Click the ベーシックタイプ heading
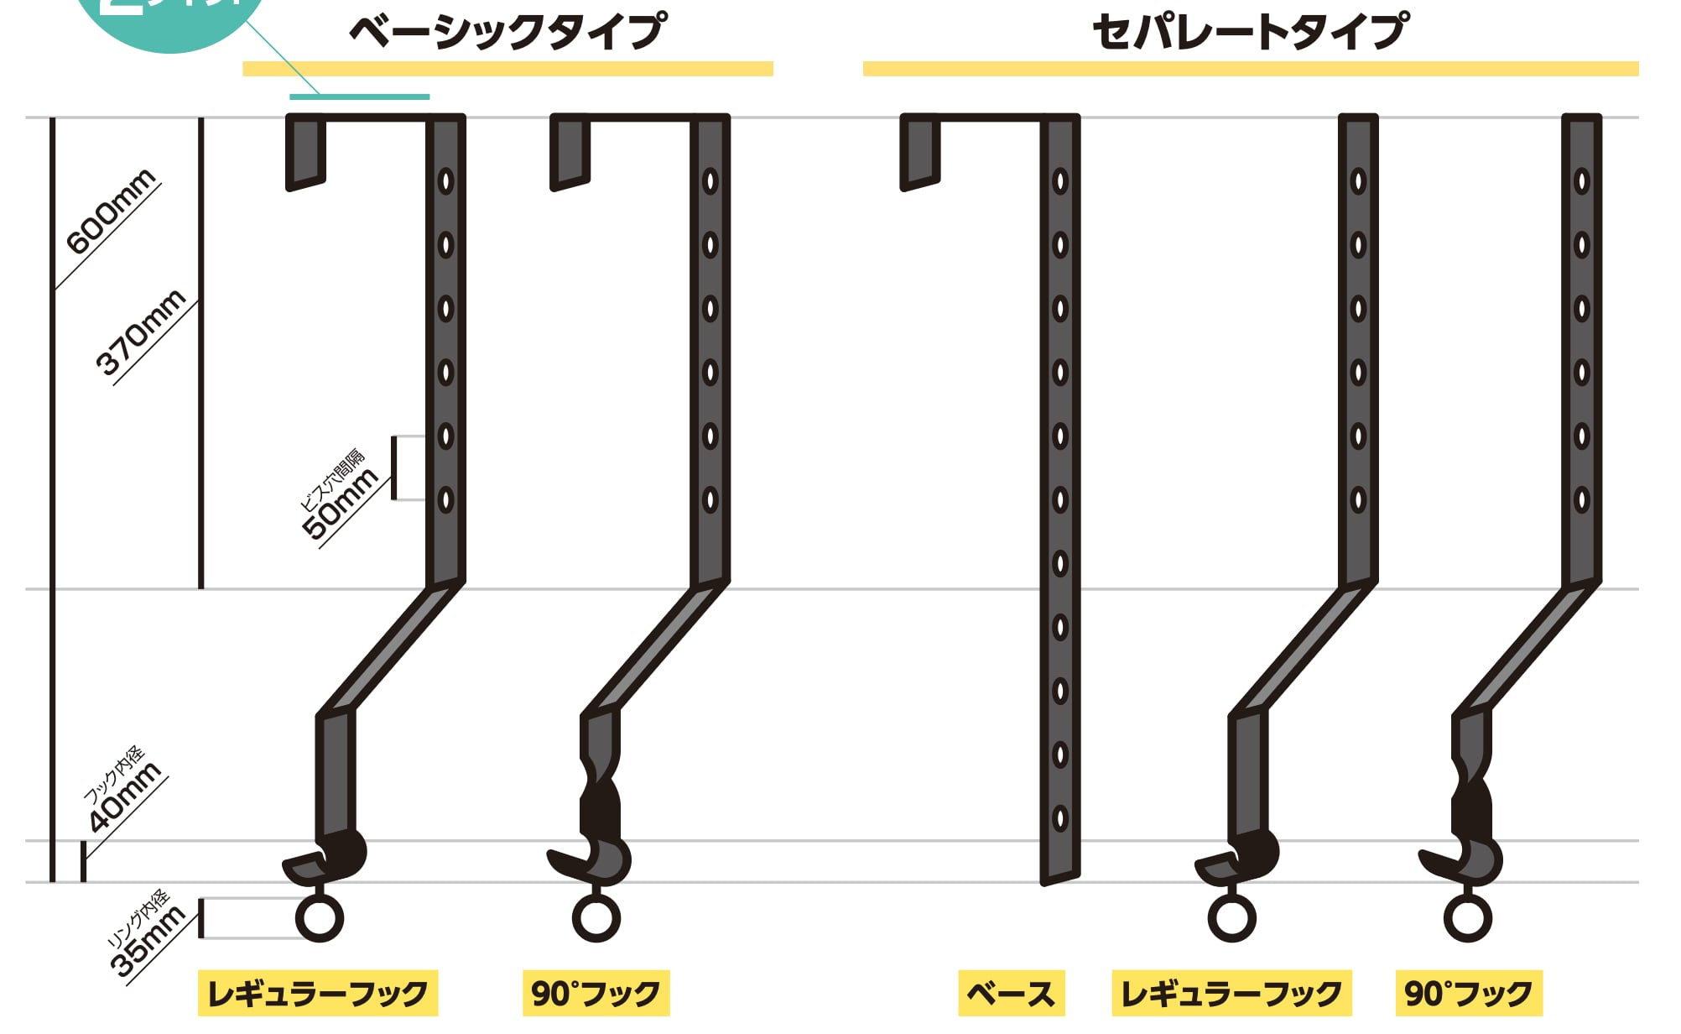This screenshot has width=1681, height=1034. click(507, 32)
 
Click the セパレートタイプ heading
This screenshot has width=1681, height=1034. click(1250, 32)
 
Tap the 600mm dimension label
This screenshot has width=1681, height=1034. click(112, 211)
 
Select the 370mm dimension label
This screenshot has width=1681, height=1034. click(141, 332)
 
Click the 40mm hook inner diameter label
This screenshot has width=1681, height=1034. click(125, 797)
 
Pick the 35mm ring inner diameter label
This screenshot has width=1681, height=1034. click(148, 942)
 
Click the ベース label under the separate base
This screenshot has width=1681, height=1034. click(1011, 994)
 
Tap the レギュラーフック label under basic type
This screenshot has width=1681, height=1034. click(318, 994)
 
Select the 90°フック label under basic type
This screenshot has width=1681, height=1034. click(596, 994)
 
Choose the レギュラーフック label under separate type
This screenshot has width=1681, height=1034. click(1231, 994)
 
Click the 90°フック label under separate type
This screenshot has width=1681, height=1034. click(1469, 994)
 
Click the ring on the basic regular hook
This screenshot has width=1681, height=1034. click(320, 918)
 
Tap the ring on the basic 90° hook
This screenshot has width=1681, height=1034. click(596, 918)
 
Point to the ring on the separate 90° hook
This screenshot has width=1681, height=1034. click(1468, 918)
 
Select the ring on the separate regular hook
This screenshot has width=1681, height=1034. click(1232, 918)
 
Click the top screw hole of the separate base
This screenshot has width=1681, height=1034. click(1060, 181)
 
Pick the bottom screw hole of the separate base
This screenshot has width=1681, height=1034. click(1060, 818)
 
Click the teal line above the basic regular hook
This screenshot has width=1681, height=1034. click(359, 97)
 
